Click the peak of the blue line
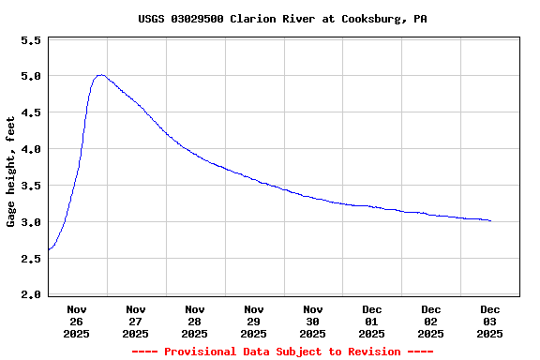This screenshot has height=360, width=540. (x=100, y=75)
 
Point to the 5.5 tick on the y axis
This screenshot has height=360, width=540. (x=31, y=41)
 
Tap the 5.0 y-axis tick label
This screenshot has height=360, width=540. (x=31, y=77)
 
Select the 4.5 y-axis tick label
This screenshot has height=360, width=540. (x=31, y=113)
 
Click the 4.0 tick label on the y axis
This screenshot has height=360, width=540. (x=31, y=150)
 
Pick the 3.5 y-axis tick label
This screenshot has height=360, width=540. (x=31, y=187)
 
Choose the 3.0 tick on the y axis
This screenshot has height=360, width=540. (x=31, y=223)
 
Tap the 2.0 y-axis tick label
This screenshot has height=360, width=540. (x=31, y=295)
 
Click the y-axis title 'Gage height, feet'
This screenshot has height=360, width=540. (x=11, y=172)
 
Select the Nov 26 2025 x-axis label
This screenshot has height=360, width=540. (x=77, y=321)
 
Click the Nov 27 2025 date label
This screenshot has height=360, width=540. (x=136, y=321)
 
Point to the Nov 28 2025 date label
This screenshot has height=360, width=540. (x=195, y=321)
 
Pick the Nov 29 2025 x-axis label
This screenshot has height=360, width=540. (x=254, y=321)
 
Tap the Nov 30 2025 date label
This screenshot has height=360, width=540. (x=313, y=321)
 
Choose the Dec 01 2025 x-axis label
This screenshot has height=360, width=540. (x=372, y=321)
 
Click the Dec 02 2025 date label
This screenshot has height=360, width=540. (x=431, y=321)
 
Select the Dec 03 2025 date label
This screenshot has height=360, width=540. (x=490, y=321)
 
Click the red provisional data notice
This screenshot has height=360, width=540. (x=282, y=352)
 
